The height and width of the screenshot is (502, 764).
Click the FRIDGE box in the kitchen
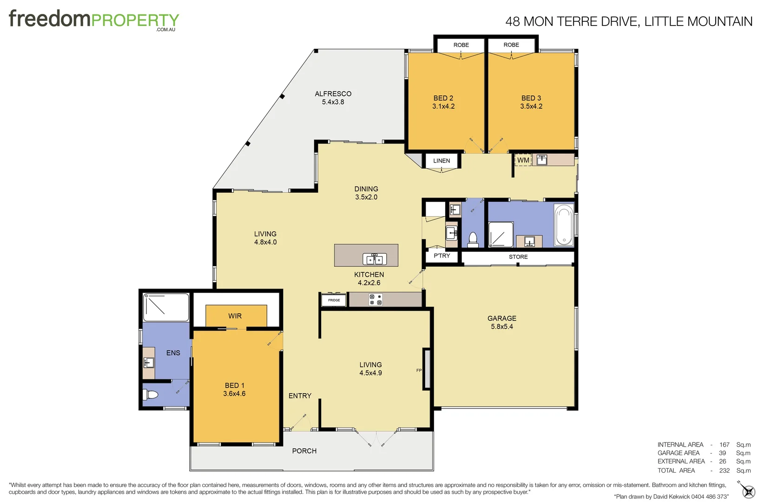(334, 300)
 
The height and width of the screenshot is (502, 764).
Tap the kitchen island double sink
(375, 259)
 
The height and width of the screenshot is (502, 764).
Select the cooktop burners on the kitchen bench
(375, 300)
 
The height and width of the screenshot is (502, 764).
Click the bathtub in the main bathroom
(564, 225)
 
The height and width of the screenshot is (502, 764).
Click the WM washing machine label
(523, 160)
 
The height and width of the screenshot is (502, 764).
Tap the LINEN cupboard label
(441, 161)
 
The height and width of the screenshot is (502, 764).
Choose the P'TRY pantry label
(441, 256)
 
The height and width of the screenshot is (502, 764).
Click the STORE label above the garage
(518, 257)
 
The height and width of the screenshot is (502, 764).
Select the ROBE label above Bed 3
(511, 45)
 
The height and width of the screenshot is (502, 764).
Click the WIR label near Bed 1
(235, 316)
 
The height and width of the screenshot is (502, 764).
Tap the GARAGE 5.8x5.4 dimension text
(502, 327)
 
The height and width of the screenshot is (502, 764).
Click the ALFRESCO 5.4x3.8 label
(333, 98)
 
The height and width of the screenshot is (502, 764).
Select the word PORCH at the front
(304, 451)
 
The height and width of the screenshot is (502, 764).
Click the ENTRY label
(300, 396)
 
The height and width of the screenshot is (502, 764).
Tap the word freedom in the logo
(50, 19)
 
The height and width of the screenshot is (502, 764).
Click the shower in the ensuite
(165, 307)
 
